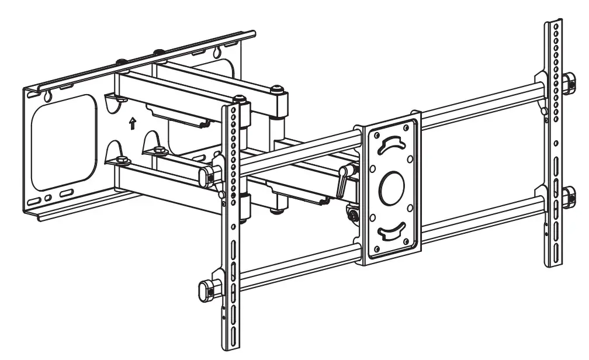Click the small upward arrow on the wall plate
click(x=133, y=123)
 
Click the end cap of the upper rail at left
click(x=205, y=175)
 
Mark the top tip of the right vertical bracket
click(x=554, y=22)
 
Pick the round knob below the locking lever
click(x=353, y=215)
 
